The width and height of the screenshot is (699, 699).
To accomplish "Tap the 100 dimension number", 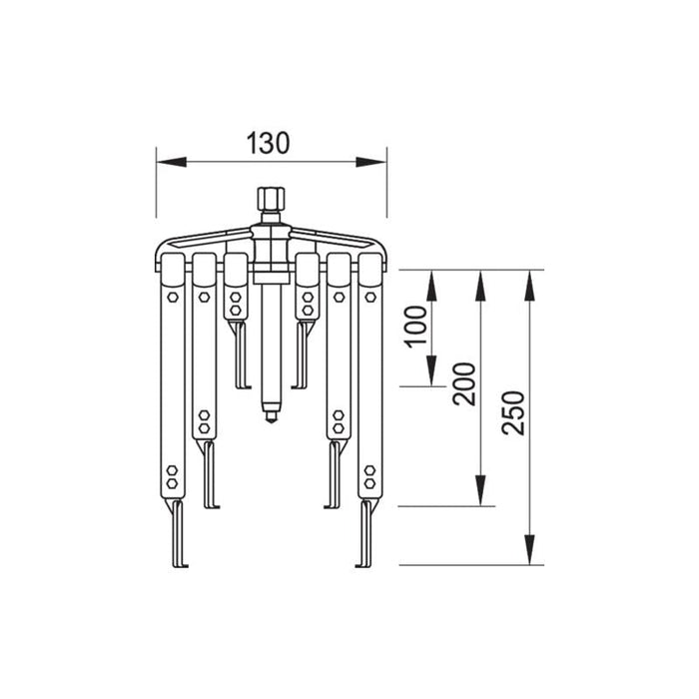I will (417, 327).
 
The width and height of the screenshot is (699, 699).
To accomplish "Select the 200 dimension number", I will (465, 381).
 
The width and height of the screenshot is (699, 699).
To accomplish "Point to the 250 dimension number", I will (513, 411).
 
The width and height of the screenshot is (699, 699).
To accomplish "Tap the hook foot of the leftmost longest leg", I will (180, 562).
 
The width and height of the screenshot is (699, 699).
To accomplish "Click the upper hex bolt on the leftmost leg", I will (173, 297).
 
